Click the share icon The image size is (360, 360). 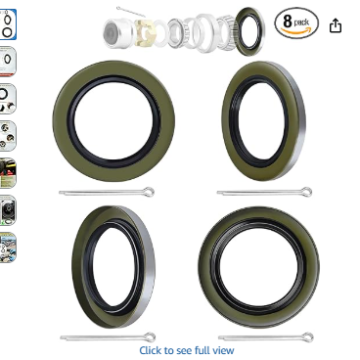click(336, 25)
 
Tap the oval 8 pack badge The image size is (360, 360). click(296, 23)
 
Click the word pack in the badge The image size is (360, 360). click(301, 22)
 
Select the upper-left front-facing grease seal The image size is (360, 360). click(62, 120)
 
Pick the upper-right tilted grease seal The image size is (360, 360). click(228, 120)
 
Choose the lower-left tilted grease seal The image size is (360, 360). click(78, 267)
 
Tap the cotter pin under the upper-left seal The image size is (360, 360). click(107, 192)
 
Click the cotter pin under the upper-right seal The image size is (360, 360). click(264, 192)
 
